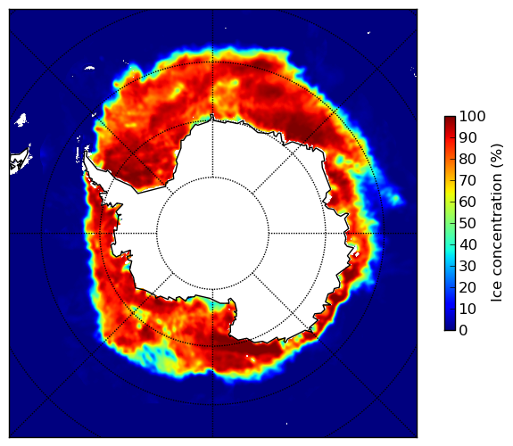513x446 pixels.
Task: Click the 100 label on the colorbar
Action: (x=472, y=116)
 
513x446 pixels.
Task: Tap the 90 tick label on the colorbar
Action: (x=467, y=137)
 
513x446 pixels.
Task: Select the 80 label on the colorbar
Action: (x=467, y=159)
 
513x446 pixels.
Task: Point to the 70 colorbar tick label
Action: (x=467, y=180)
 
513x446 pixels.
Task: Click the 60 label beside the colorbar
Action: (x=467, y=202)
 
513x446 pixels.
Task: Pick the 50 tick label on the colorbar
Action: (x=467, y=223)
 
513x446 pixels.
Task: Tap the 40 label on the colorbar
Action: (x=467, y=244)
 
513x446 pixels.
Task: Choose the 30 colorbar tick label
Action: (x=467, y=266)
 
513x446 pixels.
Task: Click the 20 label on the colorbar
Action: (x=467, y=287)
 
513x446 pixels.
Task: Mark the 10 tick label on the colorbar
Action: (x=467, y=309)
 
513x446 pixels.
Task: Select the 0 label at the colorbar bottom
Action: (x=463, y=330)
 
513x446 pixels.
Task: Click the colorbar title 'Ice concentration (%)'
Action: (x=497, y=223)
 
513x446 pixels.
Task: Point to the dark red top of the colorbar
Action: (x=450, y=119)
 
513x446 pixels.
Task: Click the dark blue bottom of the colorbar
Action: (x=450, y=327)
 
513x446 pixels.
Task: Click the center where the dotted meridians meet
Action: (x=212, y=234)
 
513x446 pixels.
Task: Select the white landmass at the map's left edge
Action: (x=19, y=161)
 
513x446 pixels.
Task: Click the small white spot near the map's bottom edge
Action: (x=287, y=424)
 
